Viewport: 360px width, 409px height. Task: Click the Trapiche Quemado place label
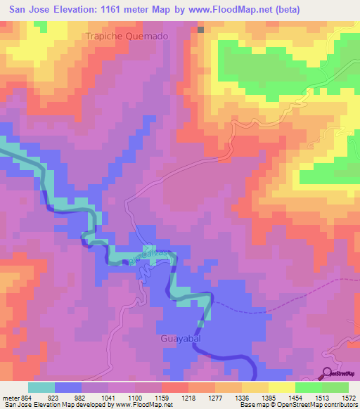pos(127,36)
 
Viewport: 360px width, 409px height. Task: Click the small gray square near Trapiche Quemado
pos(200,30)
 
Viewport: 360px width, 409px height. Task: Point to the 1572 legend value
pos(348,398)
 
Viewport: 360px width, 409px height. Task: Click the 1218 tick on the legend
pos(188,398)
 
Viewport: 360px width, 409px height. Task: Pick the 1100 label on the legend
pos(135,398)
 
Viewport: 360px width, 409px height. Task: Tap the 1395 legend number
pos(268,398)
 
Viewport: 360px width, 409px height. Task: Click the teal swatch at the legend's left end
pos(41,387)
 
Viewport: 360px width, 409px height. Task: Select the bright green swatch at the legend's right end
pos(335,387)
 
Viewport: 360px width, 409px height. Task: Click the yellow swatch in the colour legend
pos(282,387)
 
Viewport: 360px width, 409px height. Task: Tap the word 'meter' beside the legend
pos(11,398)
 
